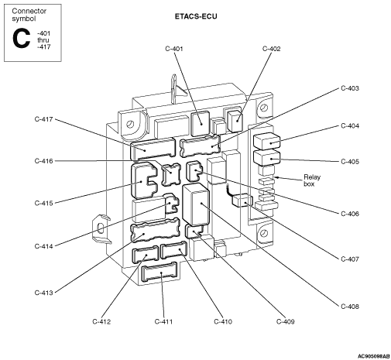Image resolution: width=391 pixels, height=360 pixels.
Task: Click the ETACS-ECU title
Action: click(196, 16)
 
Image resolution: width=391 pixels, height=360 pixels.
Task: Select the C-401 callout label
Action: click(174, 49)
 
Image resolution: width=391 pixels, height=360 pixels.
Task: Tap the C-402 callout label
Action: click(271, 49)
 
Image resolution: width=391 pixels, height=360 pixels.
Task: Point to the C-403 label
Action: click(350, 88)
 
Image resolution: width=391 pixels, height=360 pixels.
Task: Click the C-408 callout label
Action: click(350, 307)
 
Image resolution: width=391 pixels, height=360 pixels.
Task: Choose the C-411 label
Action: click(163, 322)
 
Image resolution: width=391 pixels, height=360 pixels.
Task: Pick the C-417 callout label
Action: click(43, 119)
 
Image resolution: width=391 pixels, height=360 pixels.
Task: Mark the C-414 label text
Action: click(43, 246)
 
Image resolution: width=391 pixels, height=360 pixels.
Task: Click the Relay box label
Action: click(312, 180)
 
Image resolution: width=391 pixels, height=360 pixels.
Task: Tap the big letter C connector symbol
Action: click(21, 39)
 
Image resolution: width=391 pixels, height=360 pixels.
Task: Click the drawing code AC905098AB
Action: click(373, 356)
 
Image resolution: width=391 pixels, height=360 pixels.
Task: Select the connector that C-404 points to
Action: click(266, 141)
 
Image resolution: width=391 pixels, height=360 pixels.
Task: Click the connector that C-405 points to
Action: click(266, 158)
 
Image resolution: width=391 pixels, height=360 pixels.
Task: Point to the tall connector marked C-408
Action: click(196, 204)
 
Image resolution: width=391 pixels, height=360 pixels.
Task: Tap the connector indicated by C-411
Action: click(159, 273)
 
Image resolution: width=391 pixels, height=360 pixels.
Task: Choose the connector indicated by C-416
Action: click(171, 175)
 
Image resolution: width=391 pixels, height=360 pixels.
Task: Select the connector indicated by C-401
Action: click(200, 123)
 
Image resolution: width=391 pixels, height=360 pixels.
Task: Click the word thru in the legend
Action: click(43, 40)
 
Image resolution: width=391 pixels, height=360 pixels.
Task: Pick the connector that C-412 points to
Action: click(146, 255)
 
